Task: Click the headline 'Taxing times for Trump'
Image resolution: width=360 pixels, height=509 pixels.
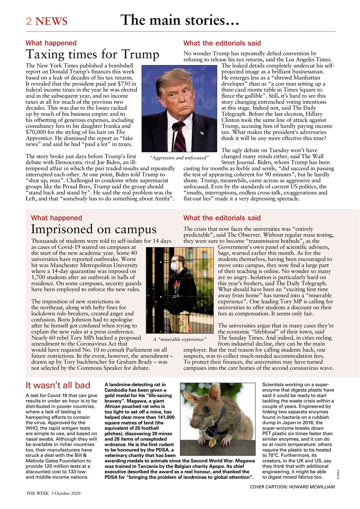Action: point(92,54)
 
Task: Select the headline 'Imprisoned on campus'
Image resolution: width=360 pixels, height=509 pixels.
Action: point(93,229)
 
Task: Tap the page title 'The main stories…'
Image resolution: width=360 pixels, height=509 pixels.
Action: point(180,19)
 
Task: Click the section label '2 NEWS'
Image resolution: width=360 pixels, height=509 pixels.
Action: point(47,21)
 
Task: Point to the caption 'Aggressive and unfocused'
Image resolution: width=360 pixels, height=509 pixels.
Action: point(179,158)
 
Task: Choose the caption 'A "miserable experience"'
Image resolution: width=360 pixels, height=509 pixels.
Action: point(180,339)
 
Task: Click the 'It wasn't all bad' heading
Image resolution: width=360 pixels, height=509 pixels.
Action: point(58,385)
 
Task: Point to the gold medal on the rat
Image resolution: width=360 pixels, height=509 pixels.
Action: point(213,442)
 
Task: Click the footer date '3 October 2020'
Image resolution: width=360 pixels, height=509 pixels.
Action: point(66,493)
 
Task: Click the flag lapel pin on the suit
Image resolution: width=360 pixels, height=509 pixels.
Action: point(202,132)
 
